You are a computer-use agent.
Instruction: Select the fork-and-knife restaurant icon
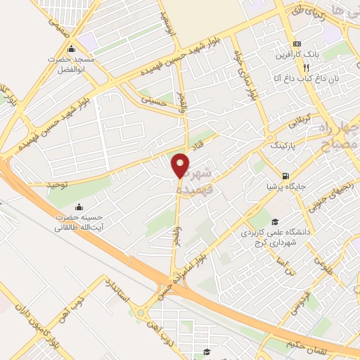(x=305, y=68)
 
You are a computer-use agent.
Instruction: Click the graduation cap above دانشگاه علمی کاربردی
(x=276, y=221)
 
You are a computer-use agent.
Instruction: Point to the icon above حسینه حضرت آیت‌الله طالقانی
(x=78, y=207)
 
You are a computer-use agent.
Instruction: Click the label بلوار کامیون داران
(x=62, y=331)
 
